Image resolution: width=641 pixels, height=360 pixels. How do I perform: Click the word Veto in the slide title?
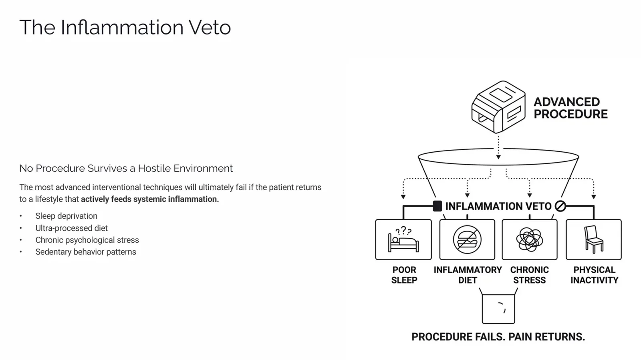click(210, 28)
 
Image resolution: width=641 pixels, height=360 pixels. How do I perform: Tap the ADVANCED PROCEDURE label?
click(570, 108)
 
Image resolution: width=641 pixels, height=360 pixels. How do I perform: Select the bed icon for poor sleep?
click(403, 239)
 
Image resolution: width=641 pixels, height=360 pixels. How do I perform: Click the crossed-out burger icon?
click(467, 239)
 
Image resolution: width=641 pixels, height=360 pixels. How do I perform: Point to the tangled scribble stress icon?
click(530, 239)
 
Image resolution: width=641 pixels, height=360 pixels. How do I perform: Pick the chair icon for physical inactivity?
click(593, 239)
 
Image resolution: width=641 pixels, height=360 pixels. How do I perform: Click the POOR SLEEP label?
click(404, 275)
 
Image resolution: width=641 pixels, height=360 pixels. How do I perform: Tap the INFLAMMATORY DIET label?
click(468, 275)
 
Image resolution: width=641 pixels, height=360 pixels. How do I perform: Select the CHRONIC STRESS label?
click(530, 275)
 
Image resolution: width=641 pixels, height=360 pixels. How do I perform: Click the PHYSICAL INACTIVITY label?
click(595, 275)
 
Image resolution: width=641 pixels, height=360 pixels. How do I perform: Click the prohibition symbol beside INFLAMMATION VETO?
click(560, 206)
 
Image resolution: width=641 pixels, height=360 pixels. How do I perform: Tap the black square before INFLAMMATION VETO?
click(437, 206)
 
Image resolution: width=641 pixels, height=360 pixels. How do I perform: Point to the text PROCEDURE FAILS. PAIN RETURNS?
click(498, 337)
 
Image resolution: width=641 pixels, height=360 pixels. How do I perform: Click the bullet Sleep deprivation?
click(67, 216)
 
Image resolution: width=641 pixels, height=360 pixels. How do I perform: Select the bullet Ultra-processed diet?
click(72, 228)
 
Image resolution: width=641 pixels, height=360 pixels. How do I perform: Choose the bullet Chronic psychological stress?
click(87, 240)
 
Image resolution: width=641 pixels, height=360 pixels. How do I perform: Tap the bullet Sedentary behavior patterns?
click(86, 252)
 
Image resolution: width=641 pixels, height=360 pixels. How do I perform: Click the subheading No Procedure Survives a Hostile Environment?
click(126, 168)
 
